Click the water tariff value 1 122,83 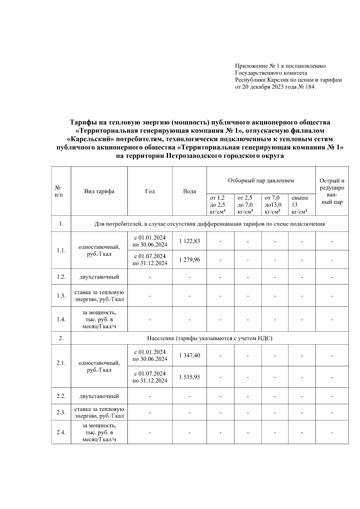(189, 241)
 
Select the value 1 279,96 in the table (189, 260)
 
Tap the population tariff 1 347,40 (189, 355)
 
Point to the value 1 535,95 (189, 377)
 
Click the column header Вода (189, 191)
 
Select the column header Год (150, 191)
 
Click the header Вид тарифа (99, 191)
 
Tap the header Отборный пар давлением (261, 181)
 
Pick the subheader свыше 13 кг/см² (300, 205)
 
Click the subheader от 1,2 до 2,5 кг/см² (218, 205)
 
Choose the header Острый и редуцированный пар (332, 191)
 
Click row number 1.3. (61, 296)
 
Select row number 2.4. (61, 433)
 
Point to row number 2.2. (61, 396)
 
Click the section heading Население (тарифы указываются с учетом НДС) (209, 338)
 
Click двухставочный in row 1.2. (99, 277)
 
